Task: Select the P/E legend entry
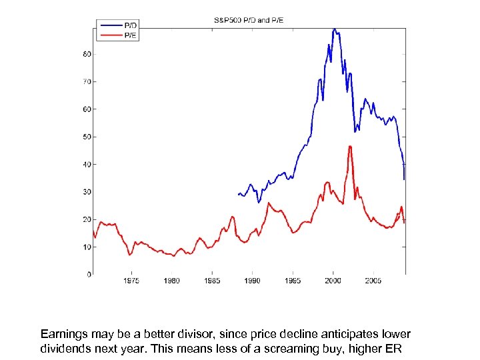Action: (x=130, y=35)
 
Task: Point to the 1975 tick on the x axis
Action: (x=131, y=281)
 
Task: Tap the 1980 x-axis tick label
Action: (x=172, y=281)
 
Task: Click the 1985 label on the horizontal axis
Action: (x=212, y=281)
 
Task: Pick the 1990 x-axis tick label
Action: (x=253, y=281)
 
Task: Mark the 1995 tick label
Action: (x=293, y=281)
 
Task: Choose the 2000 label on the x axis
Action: (x=333, y=281)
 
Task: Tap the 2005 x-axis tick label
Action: (x=373, y=281)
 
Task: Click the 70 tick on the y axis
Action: (x=87, y=81)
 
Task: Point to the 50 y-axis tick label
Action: (x=87, y=137)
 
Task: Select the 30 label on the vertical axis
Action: (x=87, y=192)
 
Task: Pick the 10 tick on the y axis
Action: (x=87, y=247)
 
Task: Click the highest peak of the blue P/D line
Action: (x=334, y=29)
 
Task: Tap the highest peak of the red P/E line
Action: (x=349, y=146)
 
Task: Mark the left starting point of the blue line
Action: (x=238, y=195)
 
